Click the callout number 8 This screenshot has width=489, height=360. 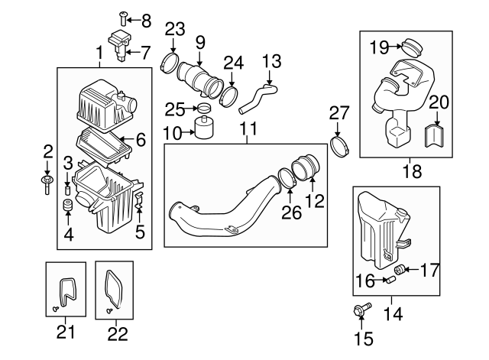(146, 18)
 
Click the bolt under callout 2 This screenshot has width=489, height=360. (48, 180)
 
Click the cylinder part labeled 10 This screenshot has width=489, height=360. (204, 128)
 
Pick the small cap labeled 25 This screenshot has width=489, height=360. (203, 107)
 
